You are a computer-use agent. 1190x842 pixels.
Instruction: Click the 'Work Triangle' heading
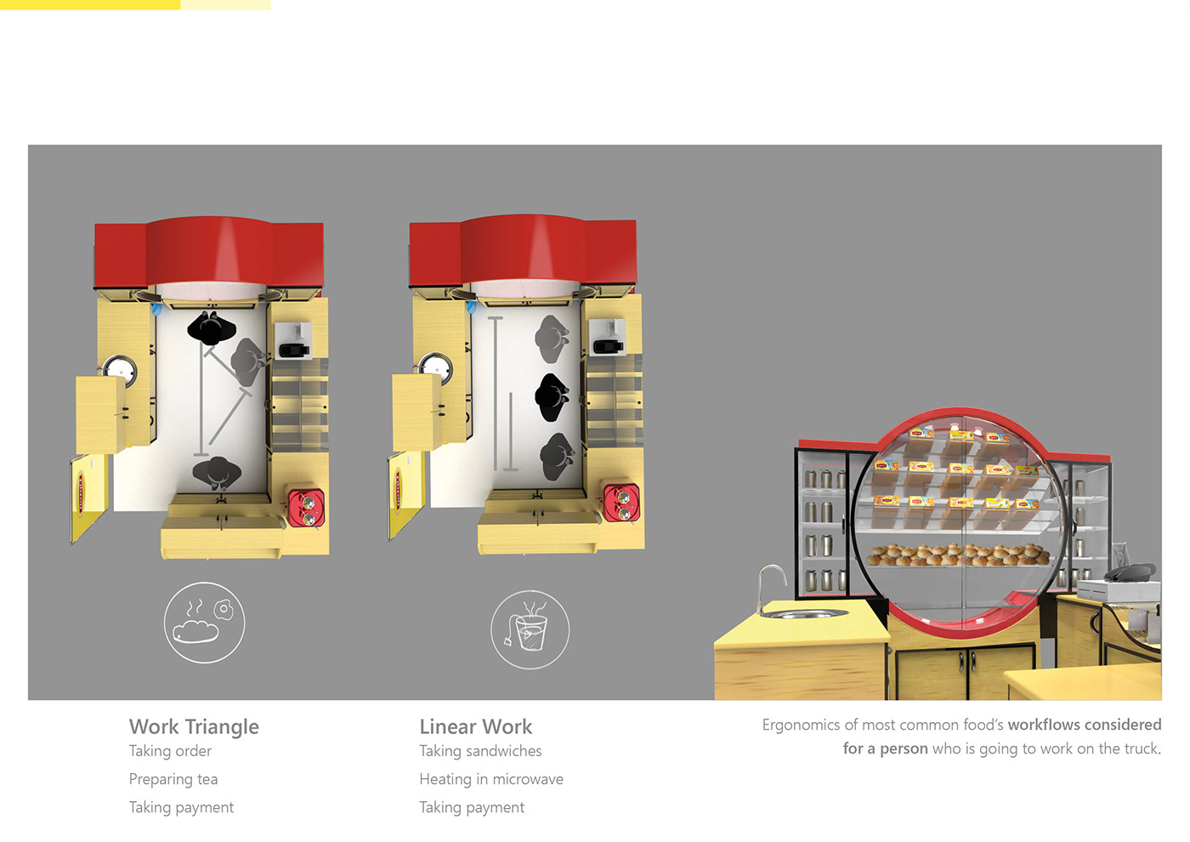point(194,726)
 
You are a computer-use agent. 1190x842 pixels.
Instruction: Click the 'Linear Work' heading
point(475,726)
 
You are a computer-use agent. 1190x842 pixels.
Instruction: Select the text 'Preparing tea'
point(173,779)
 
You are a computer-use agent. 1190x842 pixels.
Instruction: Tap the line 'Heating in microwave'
point(491,779)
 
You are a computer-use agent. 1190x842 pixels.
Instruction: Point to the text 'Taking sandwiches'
point(480,751)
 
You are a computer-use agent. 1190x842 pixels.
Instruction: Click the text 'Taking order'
point(170,751)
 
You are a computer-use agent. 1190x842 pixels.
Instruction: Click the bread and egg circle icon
point(205,623)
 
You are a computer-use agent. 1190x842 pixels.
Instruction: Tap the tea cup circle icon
point(530,629)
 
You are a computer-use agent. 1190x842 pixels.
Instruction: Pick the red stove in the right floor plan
point(621,503)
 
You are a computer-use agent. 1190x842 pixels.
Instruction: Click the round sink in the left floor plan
point(120,369)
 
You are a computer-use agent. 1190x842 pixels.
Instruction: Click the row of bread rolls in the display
point(958,555)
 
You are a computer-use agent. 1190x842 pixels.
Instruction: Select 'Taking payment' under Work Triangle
point(181,807)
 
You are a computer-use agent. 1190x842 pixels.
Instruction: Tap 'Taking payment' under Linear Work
point(472,807)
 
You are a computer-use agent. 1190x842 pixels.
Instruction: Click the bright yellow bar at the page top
point(90,5)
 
